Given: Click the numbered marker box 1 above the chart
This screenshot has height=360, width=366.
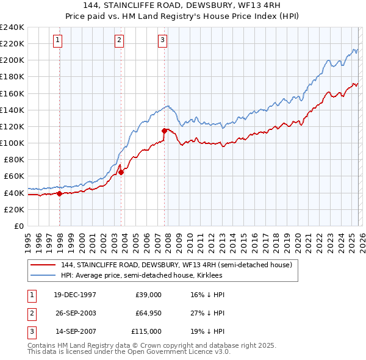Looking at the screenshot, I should pos(57,40).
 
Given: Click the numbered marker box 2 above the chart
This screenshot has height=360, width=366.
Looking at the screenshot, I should pos(119,40).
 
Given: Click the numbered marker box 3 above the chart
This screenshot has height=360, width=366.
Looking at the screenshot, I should pos(162,40).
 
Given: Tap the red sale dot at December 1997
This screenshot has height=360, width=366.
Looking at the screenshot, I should pos(59,193).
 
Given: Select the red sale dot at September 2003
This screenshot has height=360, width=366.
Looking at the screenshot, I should pos(121,172).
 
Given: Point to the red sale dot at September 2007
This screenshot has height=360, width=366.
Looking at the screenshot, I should pos(164,131).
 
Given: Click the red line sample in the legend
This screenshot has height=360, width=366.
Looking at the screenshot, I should pos(44,265).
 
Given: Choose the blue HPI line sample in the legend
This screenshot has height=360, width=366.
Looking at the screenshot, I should pos(44,275).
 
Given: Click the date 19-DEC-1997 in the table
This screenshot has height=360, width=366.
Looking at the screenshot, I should pos(75,295).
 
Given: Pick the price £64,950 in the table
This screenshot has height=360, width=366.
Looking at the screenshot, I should pos(148,313).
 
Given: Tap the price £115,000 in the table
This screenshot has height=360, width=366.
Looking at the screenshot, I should pos(146,331).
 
